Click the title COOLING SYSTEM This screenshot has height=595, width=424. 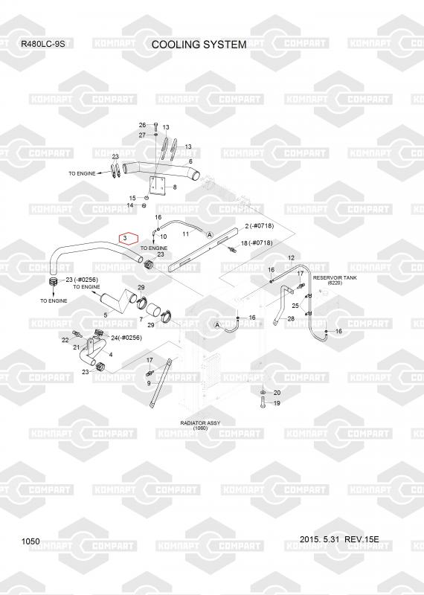tap(199, 45)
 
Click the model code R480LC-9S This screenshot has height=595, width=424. tap(43, 44)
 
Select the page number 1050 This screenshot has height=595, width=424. tap(30, 541)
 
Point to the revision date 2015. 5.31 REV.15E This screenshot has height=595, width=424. tap(339, 539)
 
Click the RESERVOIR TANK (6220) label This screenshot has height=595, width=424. tap(335, 280)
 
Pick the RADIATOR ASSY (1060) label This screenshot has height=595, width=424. tap(200, 425)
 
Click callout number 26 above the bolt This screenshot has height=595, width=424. tap(142, 125)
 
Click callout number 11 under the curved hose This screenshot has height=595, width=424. tap(186, 234)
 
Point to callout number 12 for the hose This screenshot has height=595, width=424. tap(291, 258)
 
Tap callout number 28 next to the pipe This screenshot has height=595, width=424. tap(291, 319)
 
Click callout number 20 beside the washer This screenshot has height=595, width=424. tap(277, 393)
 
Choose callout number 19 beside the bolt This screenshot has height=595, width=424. tap(277, 403)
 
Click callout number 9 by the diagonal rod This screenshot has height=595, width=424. tap(149, 383)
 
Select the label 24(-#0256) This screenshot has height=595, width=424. tap(126, 338)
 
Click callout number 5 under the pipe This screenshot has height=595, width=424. tap(106, 315)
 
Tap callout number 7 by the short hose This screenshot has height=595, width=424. tap(141, 320)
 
